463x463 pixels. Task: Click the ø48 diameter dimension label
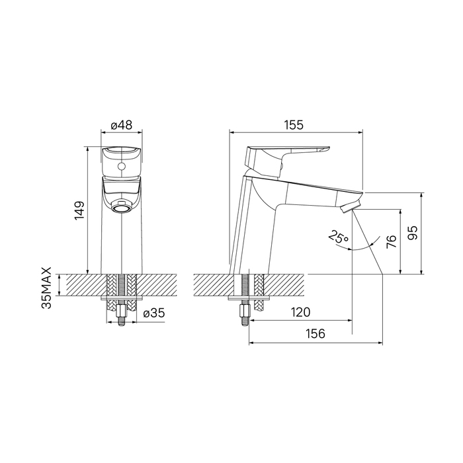coord(121,125)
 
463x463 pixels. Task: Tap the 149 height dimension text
coord(79,210)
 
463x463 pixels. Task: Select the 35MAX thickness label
coord(47,288)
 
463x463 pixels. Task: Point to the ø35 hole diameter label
coord(154,313)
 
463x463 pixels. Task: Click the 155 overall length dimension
coord(294,125)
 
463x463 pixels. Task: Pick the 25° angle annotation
coord(339,237)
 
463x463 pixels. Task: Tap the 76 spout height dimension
coord(391,242)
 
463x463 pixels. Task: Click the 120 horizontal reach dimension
coord(300,312)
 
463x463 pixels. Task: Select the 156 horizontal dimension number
coord(315,333)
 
